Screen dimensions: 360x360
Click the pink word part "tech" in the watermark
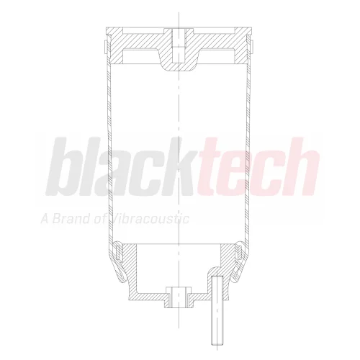pyautogui.click(x=259, y=166)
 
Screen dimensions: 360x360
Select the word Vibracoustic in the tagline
pyautogui.click(x=148, y=219)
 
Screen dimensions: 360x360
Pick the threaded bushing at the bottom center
pyautogui.click(x=179, y=297)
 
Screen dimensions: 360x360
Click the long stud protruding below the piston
pyautogui.click(x=217, y=312)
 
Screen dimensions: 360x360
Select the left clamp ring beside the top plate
pyautogui.click(x=105, y=46)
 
